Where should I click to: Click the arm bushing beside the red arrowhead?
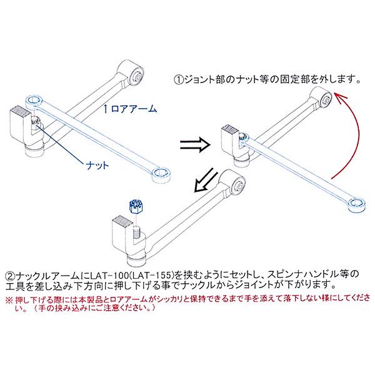tap(323, 98)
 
